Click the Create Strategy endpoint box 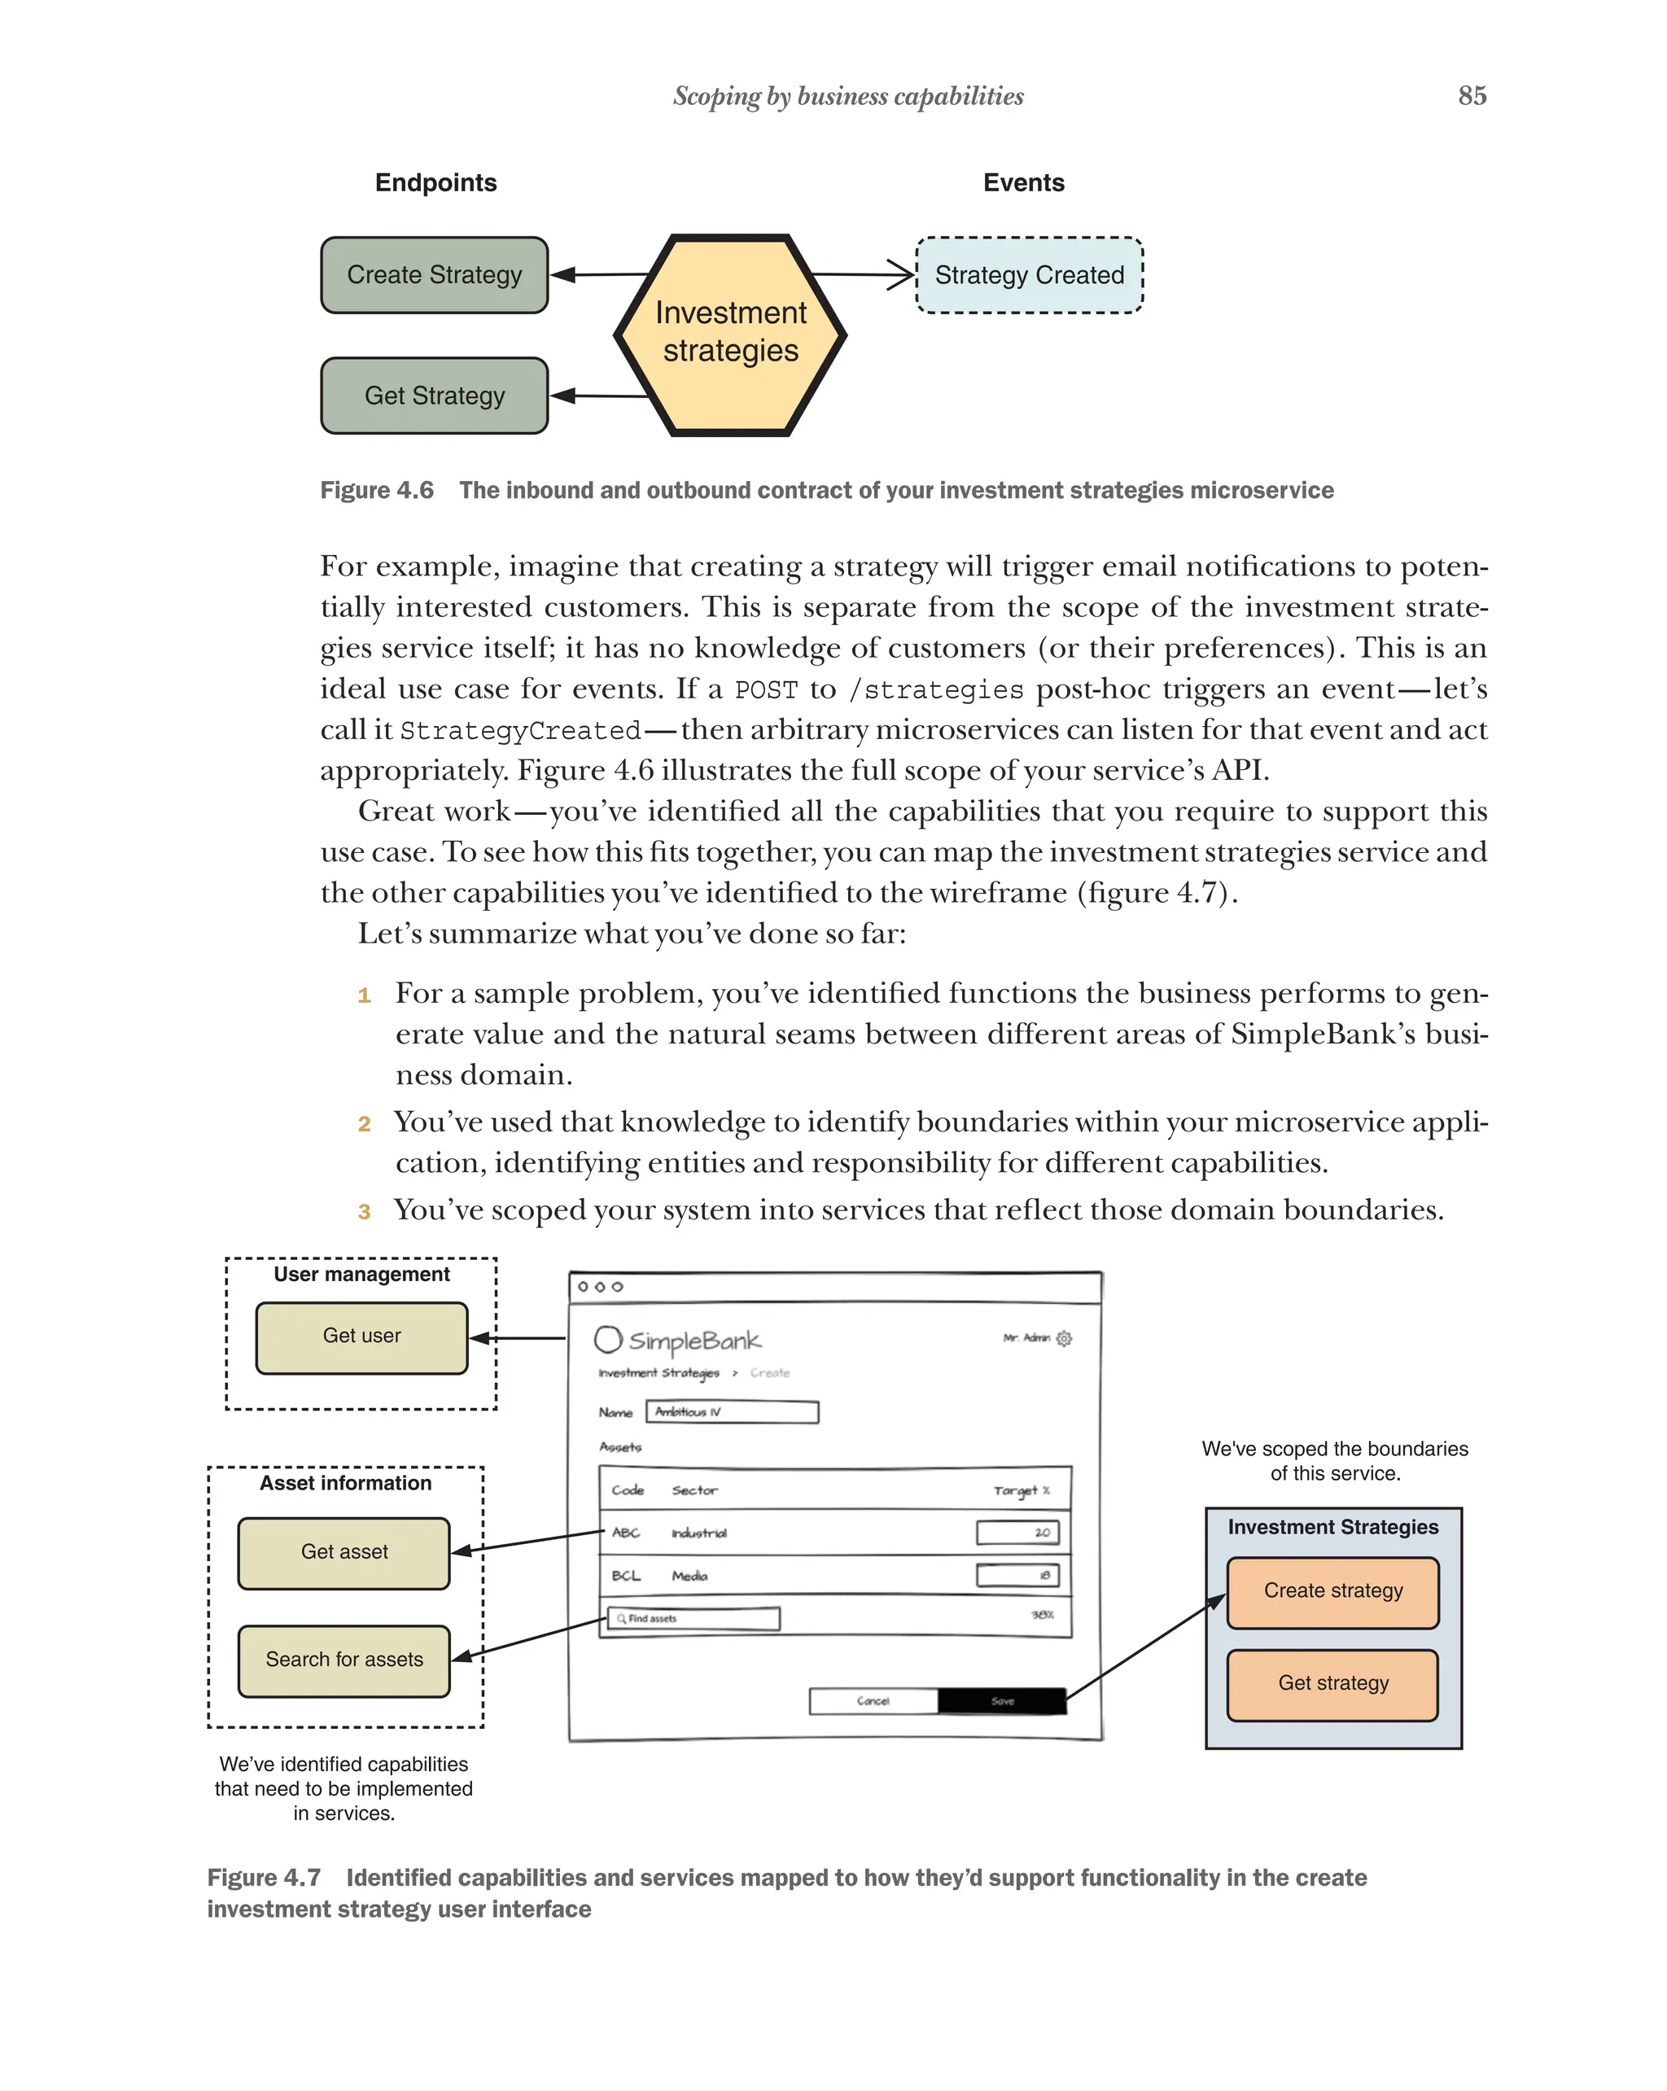coord(434,275)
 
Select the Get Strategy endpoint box coord(434,396)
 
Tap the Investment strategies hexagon coord(730,335)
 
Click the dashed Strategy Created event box coord(1028,275)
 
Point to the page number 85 coord(1471,96)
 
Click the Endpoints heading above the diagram coord(435,183)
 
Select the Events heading coord(1023,183)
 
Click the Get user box coord(361,1337)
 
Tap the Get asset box coord(343,1553)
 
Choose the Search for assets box coord(343,1660)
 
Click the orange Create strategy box coord(1332,1591)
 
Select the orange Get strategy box coord(1332,1684)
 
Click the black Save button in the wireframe coord(1001,1701)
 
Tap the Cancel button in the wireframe coord(873,1701)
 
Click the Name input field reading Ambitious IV coord(731,1412)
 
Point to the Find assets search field coord(693,1619)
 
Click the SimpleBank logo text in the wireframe coord(693,1341)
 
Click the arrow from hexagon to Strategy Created coord(863,275)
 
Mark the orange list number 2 coord(364,1124)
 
